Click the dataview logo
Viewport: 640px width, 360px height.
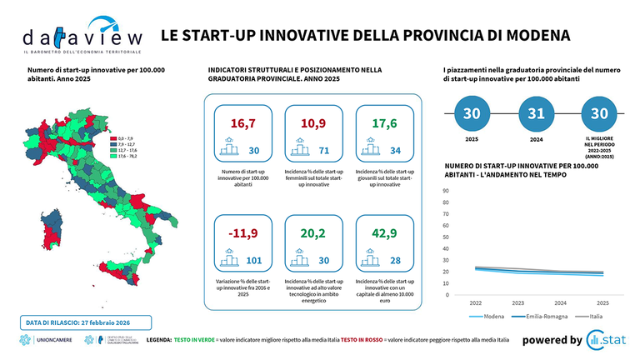pos(82,37)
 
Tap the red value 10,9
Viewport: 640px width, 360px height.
pos(312,123)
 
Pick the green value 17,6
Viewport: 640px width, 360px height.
pos(382,123)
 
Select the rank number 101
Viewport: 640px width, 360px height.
pos(255,261)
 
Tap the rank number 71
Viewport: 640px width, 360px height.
pos(325,151)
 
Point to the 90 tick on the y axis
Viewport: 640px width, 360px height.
pos(446,190)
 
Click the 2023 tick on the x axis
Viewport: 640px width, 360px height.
pos(518,303)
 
